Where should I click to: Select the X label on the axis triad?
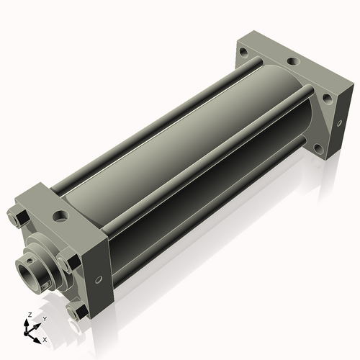(x=45, y=338)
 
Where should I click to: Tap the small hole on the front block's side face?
(x=98, y=279)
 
